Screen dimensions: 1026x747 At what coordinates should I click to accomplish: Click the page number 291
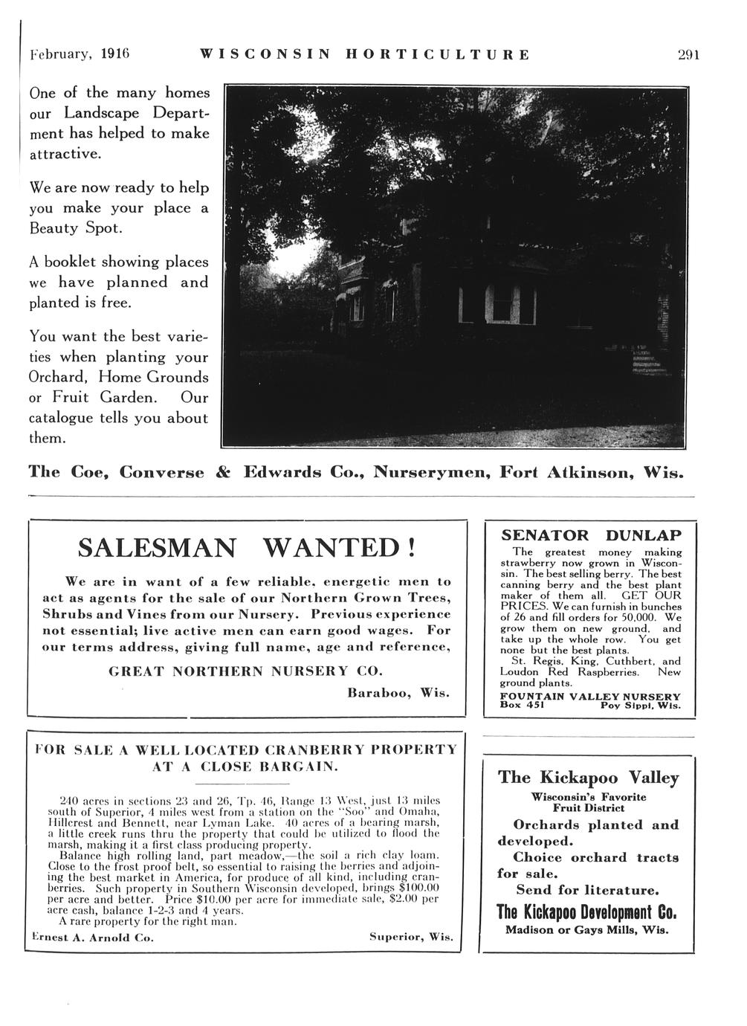[x=689, y=54]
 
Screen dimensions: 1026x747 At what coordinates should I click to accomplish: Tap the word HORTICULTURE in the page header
[x=438, y=54]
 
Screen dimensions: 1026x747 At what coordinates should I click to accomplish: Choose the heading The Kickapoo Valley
[x=589, y=778]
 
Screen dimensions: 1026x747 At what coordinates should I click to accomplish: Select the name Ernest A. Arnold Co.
[x=92, y=938]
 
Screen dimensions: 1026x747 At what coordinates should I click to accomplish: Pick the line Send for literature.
[x=588, y=890]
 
